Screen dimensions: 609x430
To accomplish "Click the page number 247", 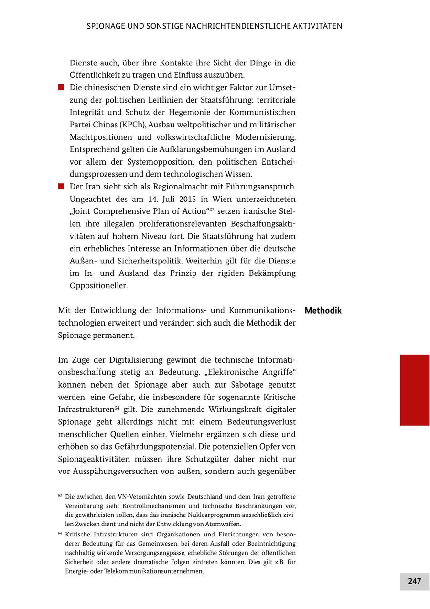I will pos(414,581).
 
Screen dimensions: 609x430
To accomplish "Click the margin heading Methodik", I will pos(323,311).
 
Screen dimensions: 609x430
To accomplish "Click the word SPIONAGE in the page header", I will pos(106,26).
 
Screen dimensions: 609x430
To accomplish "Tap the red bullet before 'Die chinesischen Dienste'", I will pos(61,88).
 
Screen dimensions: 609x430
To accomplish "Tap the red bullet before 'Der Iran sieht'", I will pos(61,187).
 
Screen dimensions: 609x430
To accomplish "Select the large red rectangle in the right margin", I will pos(414,390).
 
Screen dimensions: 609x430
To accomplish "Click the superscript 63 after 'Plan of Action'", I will pos(212,210).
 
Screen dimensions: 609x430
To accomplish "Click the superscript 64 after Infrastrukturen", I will pos(117,408).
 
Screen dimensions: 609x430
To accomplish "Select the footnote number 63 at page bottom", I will pos(60,496).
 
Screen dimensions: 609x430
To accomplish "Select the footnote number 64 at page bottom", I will pos(60,534).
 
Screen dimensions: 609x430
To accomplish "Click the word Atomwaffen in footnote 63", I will pos(225,524).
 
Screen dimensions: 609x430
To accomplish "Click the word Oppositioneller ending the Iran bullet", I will pos(98,286).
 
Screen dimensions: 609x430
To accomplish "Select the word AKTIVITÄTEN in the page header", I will pos(318,26).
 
